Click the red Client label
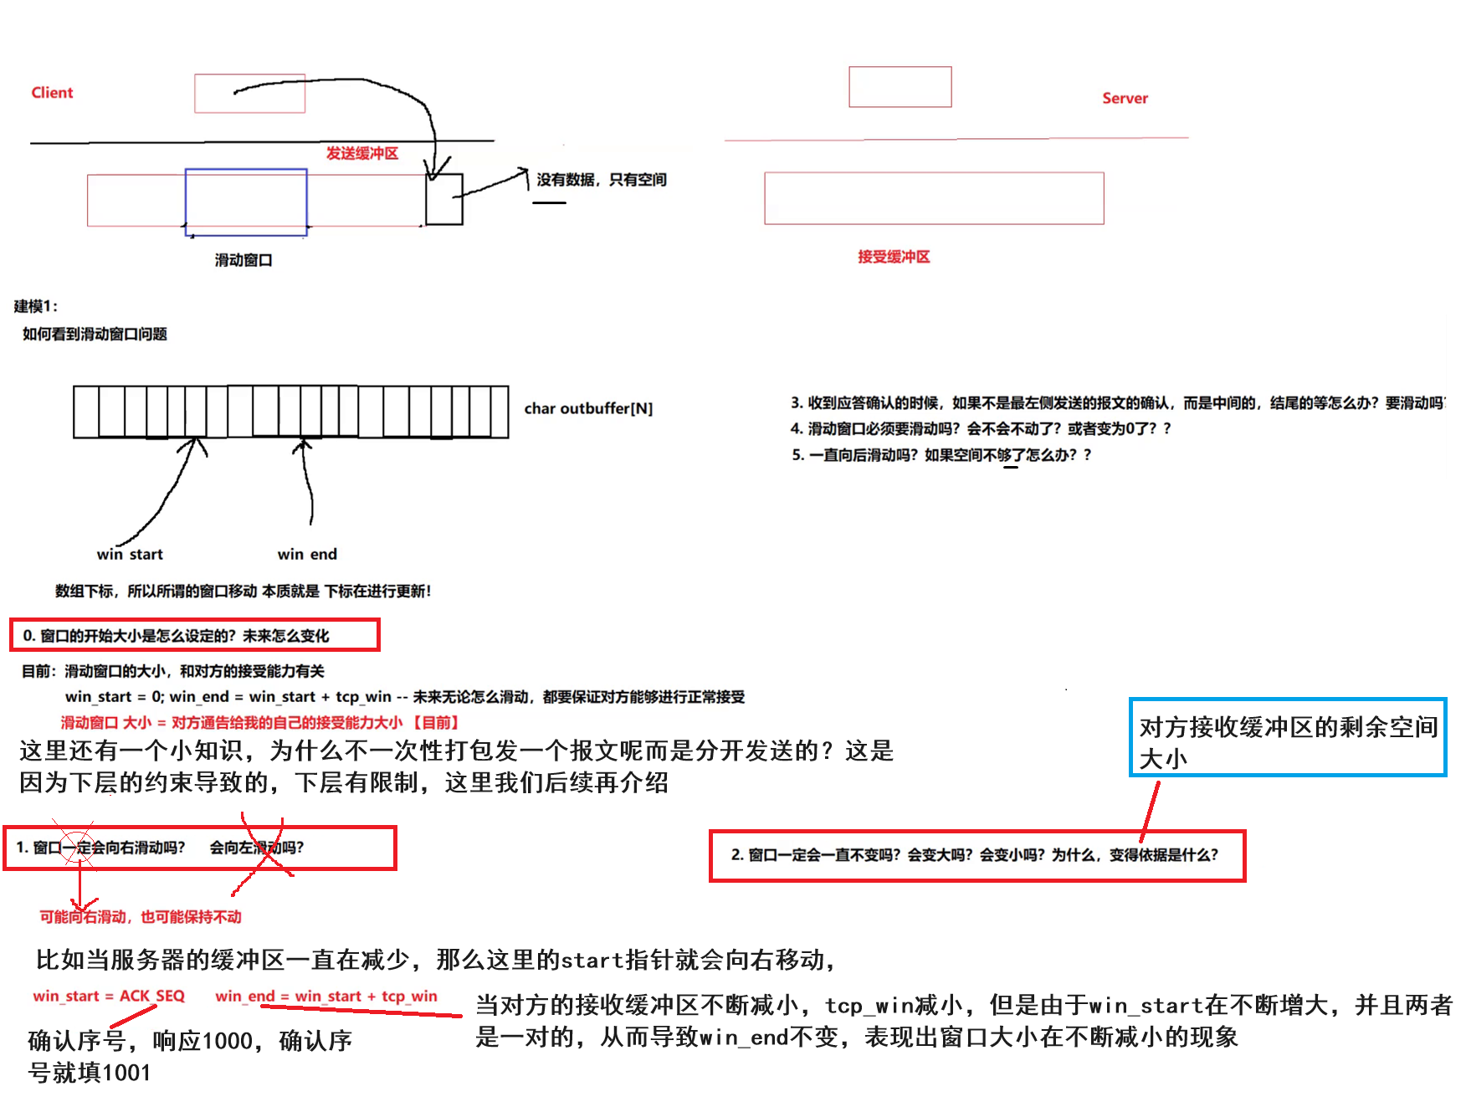coord(52,93)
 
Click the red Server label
coord(1125,99)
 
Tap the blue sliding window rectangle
coord(245,202)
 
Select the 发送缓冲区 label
coord(361,153)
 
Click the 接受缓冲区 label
coord(894,257)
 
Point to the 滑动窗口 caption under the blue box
coord(243,260)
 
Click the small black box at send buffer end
coord(443,200)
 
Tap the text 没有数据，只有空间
coord(601,180)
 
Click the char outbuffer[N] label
coord(588,408)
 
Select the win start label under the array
coord(130,554)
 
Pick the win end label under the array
coord(307,554)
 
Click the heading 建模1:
coord(36,306)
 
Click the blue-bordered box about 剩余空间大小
coord(1287,737)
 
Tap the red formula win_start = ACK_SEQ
coord(109,996)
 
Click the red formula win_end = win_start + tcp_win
coord(326,996)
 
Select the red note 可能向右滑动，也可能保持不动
coord(141,917)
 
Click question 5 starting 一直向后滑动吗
coord(941,455)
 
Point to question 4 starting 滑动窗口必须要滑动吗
coord(980,428)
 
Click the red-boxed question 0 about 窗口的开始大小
coord(194,635)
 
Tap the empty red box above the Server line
coord(900,87)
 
